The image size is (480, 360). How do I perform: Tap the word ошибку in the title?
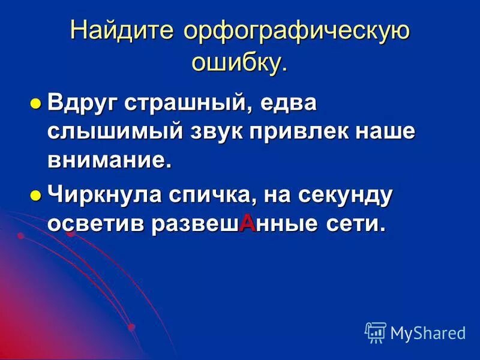click(x=236, y=62)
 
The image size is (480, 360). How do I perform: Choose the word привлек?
click(x=301, y=131)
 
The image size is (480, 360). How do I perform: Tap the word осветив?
click(x=97, y=223)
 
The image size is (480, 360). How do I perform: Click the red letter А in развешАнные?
click(x=247, y=223)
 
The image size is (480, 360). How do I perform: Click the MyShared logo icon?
click(x=375, y=332)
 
